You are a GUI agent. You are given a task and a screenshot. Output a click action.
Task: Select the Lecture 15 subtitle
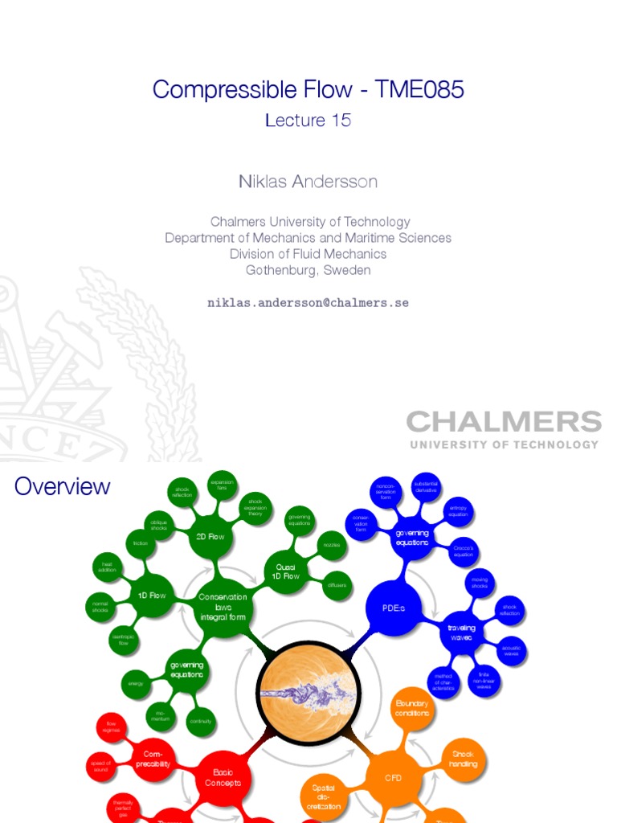click(x=308, y=121)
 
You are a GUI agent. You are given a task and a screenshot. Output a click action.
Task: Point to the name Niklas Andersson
click(x=308, y=182)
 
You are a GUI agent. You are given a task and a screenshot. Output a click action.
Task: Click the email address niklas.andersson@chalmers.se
click(x=308, y=303)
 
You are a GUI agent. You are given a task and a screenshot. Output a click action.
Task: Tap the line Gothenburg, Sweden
click(x=308, y=270)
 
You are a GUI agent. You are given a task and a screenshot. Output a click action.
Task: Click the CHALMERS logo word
click(x=504, y=422)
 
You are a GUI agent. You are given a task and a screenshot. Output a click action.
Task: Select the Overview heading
click(x=63, y=486)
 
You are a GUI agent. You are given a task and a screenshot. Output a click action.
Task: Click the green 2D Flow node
click(x=210, y=537)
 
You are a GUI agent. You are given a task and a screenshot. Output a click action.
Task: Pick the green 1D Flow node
click(x=151, y=596)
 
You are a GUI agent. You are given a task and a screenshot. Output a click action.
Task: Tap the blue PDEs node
click(x=394, y=608)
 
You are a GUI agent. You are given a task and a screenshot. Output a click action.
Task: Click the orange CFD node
click(x=394, y=778)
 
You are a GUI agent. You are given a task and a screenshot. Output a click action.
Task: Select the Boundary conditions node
click(x=412, y=708)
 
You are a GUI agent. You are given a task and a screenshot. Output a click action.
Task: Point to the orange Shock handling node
click(x=464, y=760)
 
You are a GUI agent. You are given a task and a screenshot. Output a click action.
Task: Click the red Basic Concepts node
click(x=223, y=778)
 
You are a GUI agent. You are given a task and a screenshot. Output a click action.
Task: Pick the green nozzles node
click(x=332, y=545)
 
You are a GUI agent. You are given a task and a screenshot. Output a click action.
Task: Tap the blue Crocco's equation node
click(x=464, y=551)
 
